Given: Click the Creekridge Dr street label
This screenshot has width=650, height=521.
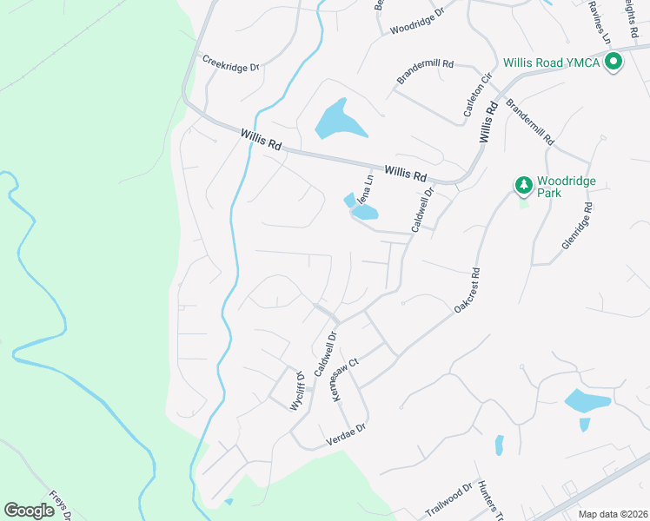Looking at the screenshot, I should (231, 63).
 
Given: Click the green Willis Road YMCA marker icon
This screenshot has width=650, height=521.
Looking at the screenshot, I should (614, 62).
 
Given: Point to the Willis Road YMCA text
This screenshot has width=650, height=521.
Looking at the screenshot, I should (552, 63).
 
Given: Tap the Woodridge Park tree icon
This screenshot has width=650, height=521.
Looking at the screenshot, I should (523, 184).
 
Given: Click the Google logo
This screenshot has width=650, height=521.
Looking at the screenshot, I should (29, 511).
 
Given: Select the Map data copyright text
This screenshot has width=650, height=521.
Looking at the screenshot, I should (612, 514).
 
